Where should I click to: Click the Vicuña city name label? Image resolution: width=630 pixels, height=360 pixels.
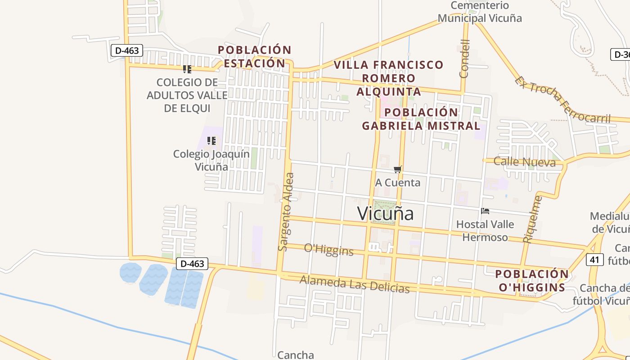pyautogui.click(x=385, y=213)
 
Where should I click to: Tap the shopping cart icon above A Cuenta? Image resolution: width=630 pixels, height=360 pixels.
pyautogui.click(x=397, y=170)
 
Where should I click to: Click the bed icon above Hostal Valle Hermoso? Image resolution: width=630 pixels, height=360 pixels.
pyautogui.click(x=485, y=211)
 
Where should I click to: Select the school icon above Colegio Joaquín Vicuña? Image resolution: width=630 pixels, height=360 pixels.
pyautogui.click(x=211, y=141)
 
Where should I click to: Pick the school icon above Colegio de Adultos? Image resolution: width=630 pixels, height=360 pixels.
pyautogui.click(x=187, y=69)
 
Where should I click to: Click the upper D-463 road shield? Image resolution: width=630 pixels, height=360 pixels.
pyautogui.click(x=127, y=50)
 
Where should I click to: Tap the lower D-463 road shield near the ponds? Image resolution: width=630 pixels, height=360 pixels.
pyautogui.click(x=192, y=264)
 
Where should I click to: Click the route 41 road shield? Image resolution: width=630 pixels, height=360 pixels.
pyautogui.click(x=595, y=259)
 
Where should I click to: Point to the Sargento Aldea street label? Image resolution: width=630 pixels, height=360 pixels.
pyautogui.click(x=286, y=211)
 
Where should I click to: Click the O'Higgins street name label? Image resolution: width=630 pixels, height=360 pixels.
pyautogui.click(x=328, y=250)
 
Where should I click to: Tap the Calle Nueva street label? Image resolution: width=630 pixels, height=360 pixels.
pyautogui.click(x=524, y=162)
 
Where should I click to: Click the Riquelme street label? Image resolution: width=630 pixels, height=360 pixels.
pyautogui.click(x=534, y=219)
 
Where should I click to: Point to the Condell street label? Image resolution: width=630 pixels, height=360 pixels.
pyautogui.click(x=464, y=58)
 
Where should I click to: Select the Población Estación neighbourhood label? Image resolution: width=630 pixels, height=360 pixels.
pyautogui.click(x=255, y=57)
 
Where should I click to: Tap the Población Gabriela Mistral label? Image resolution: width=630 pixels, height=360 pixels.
pyautogui.click(x=421, y=119)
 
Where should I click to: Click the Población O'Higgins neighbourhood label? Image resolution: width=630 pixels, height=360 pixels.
pyautogui.click(x=531, y=281)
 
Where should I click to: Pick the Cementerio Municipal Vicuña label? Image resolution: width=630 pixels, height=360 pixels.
pyautogui.click(x=480, y=12)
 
